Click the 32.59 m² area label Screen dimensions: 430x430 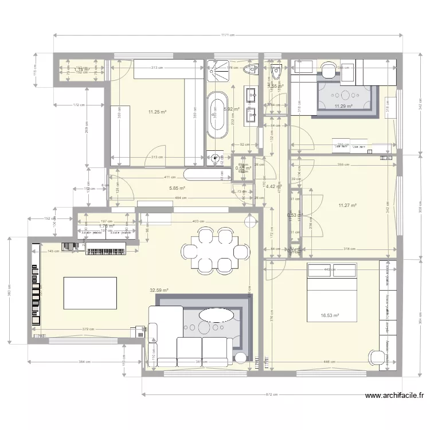tap(159, 291)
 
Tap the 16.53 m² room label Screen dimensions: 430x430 tap(330, 315)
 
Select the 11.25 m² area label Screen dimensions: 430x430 tap(157, 112)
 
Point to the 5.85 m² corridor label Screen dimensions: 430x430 tap(177, 188)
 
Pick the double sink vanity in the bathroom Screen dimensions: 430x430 tap(251, 106)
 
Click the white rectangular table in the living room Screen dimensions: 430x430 tap(89, 293)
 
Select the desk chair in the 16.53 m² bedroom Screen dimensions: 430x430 tap(377, 357)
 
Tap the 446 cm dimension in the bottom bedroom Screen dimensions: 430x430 tap(330, 362)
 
